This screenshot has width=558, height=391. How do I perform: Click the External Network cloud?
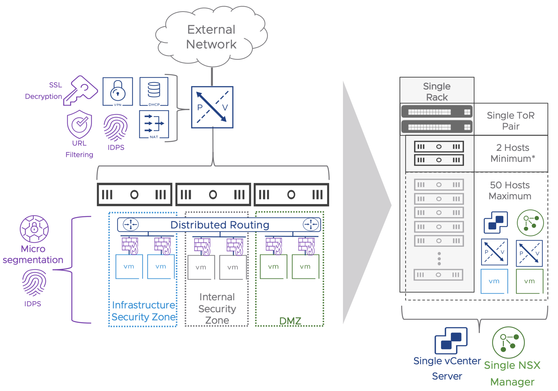(x=211, y=37)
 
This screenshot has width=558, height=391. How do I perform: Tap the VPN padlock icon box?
(x=118, y=92)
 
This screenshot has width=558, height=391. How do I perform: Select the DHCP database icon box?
(x=154, y=91)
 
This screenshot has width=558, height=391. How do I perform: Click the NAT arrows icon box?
(x=154, y=124)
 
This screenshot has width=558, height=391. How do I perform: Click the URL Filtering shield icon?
(x=79, y=124)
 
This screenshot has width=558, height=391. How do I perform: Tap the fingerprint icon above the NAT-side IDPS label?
(x=116, y=127)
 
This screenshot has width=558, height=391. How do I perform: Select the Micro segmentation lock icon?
(x=34, y=229)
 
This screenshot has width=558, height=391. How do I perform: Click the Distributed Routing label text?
(x=220, y=225)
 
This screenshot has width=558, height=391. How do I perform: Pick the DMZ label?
(x=290, y=321)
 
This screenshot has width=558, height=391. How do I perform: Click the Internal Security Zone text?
(x=217, y=308)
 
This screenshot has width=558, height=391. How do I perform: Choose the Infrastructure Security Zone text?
(x=144, y=311)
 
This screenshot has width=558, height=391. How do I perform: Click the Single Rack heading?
(x=437, y=92)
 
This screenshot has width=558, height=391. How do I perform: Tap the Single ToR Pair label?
(x=511, y=121)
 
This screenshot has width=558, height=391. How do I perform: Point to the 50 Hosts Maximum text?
(x=510, y=190)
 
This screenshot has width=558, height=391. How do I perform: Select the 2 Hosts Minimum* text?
(x=512, y=153)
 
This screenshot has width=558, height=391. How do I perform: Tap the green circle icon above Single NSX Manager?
(x=508, y=342)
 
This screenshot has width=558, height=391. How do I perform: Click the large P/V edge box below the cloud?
(x=212, y=107)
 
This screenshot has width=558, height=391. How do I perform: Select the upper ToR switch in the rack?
(x=437, y=112)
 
